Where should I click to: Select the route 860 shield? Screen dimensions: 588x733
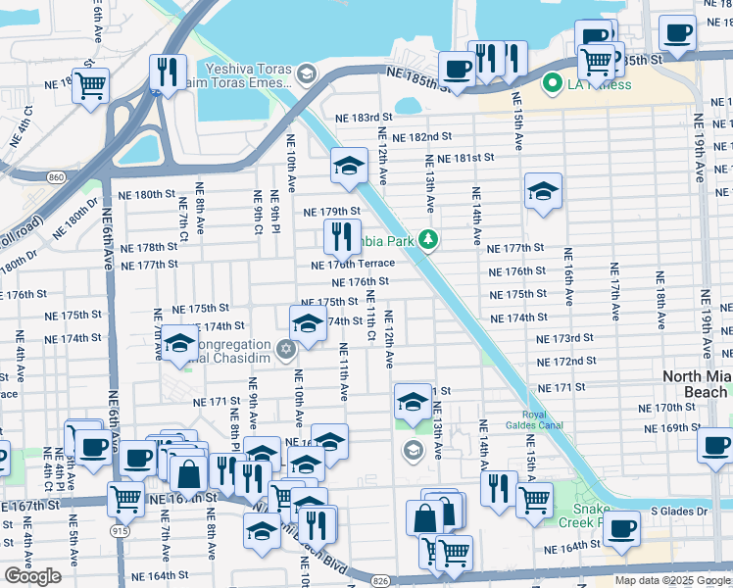click(x=56, y=176)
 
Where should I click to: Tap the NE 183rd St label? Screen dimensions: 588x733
click(x=364, y=118)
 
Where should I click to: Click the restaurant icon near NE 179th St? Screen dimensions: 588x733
click(x=342, y=235)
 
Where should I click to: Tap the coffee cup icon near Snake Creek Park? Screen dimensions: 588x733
click(x=620, y=529)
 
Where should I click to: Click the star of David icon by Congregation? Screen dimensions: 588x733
click(x=286, y=349)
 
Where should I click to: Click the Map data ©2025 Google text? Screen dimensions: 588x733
click(x=671, y=580)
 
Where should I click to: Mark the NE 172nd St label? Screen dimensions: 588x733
click(x=567, y=362)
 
